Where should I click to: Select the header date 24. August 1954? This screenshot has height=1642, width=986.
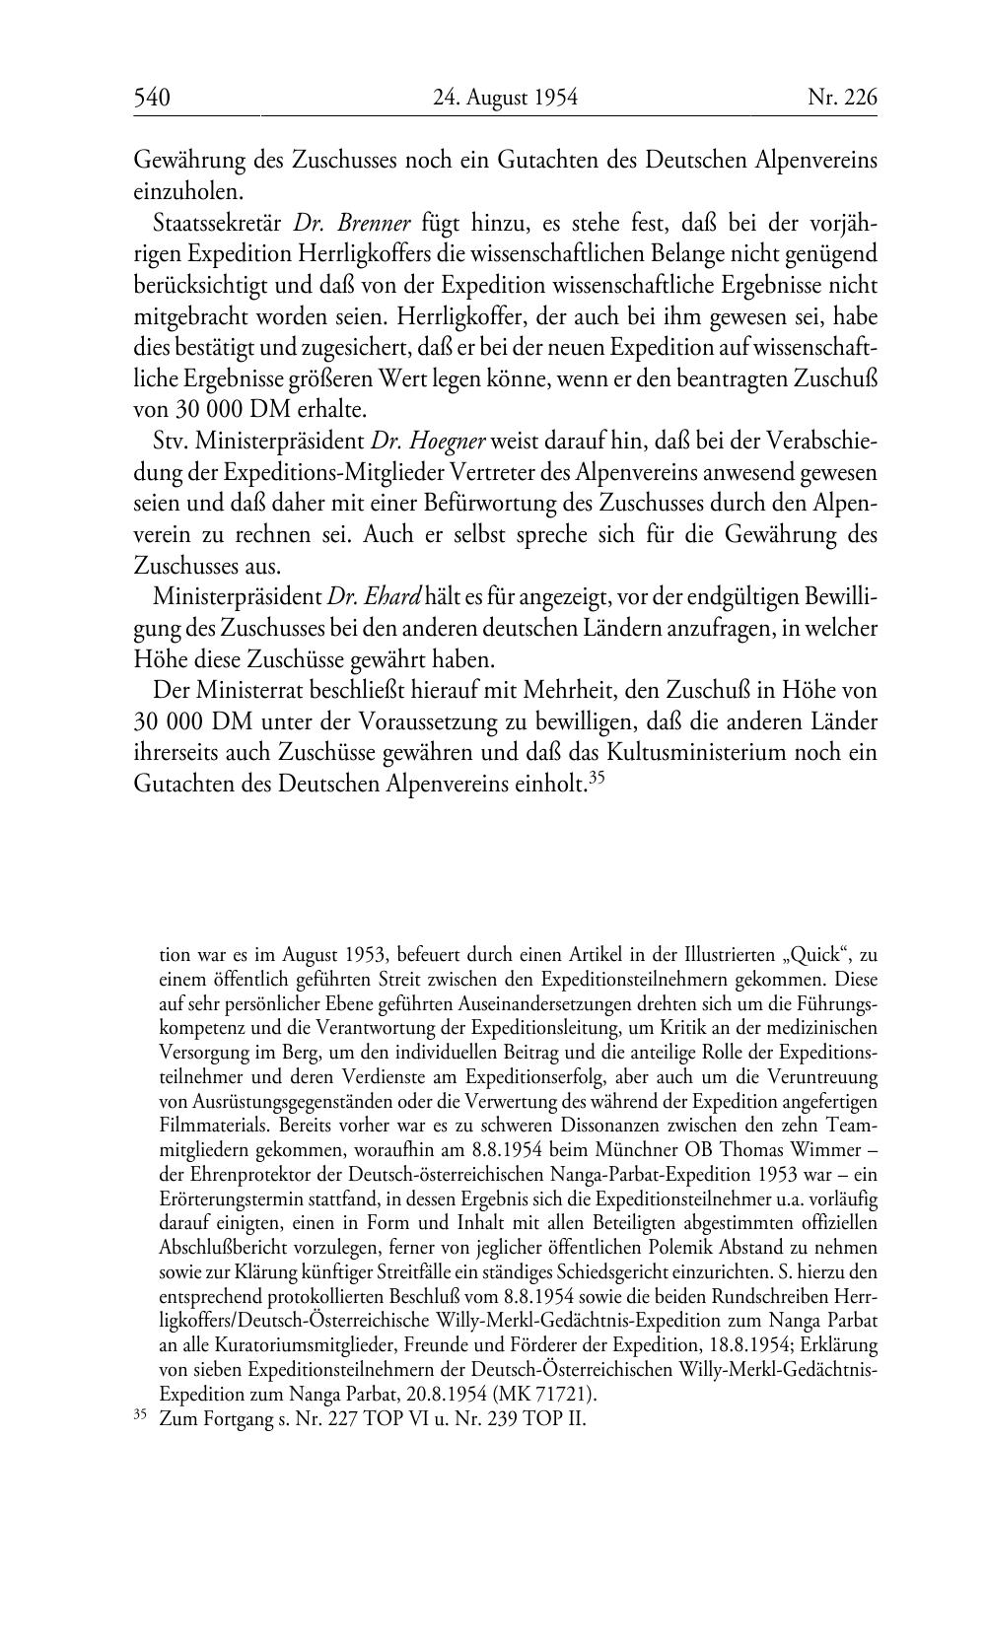point(504,98)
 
